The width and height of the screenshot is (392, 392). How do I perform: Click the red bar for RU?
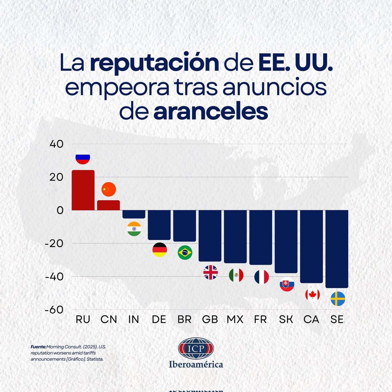click(83, 190)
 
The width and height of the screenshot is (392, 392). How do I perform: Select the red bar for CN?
click(108, 205)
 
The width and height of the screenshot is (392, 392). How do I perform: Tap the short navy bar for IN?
click(134, 214)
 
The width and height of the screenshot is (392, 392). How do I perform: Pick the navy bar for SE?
click(337, 249)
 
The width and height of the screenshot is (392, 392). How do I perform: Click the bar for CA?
click(311, 246)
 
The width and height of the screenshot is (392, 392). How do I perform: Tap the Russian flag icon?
click(83, 157)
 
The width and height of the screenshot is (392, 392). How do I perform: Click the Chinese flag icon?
click(108, 189)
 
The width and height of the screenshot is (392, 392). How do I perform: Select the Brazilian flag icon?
click(185, 252)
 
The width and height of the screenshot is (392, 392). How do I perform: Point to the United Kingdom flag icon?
click(210, 272)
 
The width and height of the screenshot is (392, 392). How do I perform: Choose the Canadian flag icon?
click(312, 295)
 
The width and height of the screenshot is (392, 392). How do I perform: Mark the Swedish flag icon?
click(338, 299)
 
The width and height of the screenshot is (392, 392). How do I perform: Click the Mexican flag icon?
click(236, 275)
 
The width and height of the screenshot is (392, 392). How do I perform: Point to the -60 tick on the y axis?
click(54, 309)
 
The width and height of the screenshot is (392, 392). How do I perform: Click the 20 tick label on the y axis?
click(57, 177)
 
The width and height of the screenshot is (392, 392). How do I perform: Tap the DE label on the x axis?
click(159, 319)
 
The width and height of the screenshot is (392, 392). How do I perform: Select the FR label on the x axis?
click(261, 319)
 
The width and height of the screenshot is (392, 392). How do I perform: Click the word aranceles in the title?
click(210, 112)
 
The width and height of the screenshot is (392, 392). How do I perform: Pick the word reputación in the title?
click(154, 63)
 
